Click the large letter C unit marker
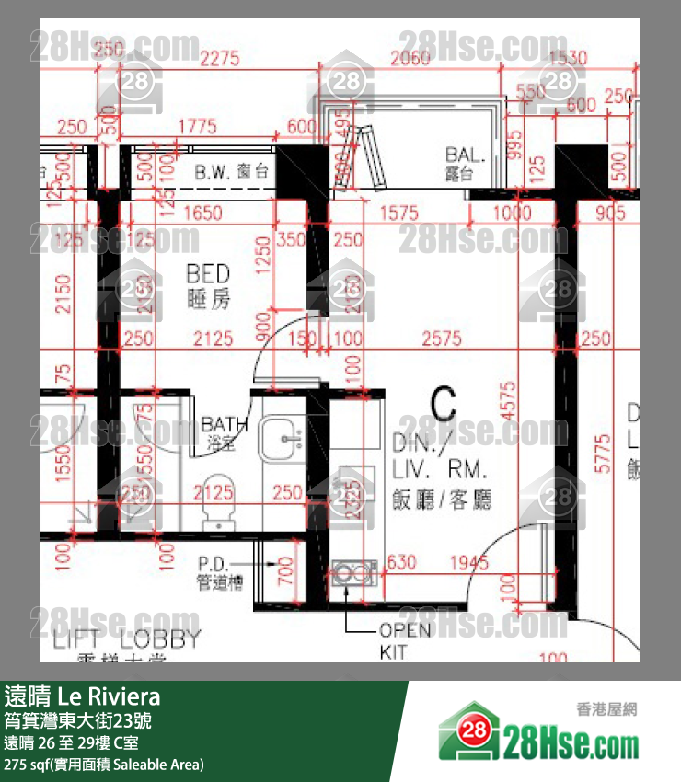click(x=443, y=402)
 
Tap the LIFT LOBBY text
click(x=126, y=639)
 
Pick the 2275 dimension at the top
click(x=219, y=60)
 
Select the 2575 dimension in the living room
click(x=442, y=339)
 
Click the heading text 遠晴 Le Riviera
click(x=83, y=695)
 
